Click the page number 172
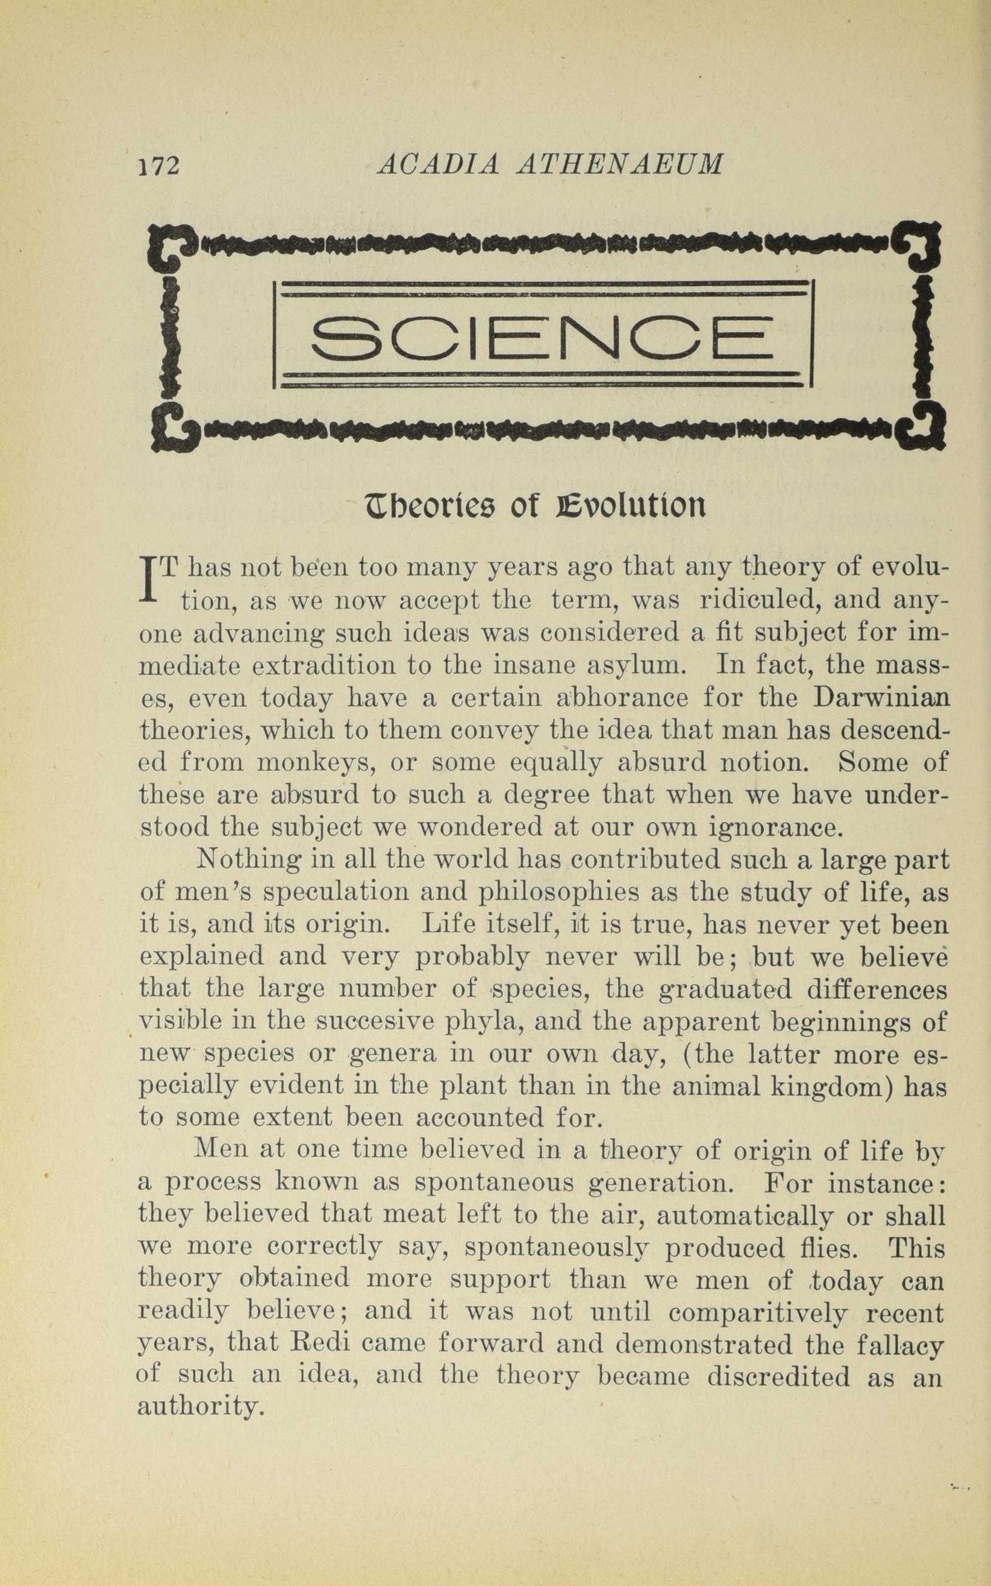[x=158, y=164]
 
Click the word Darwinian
[x=880, y=698]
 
